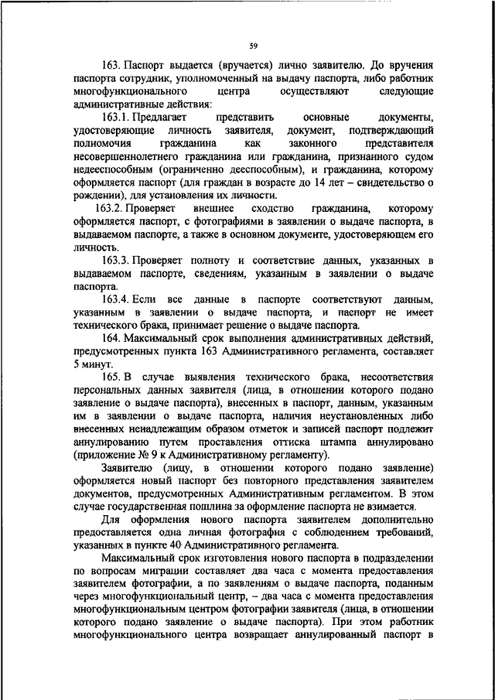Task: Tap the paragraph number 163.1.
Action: coord(117,115)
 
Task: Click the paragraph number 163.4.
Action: coord(117,299)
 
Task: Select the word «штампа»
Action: coord(343,441)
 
